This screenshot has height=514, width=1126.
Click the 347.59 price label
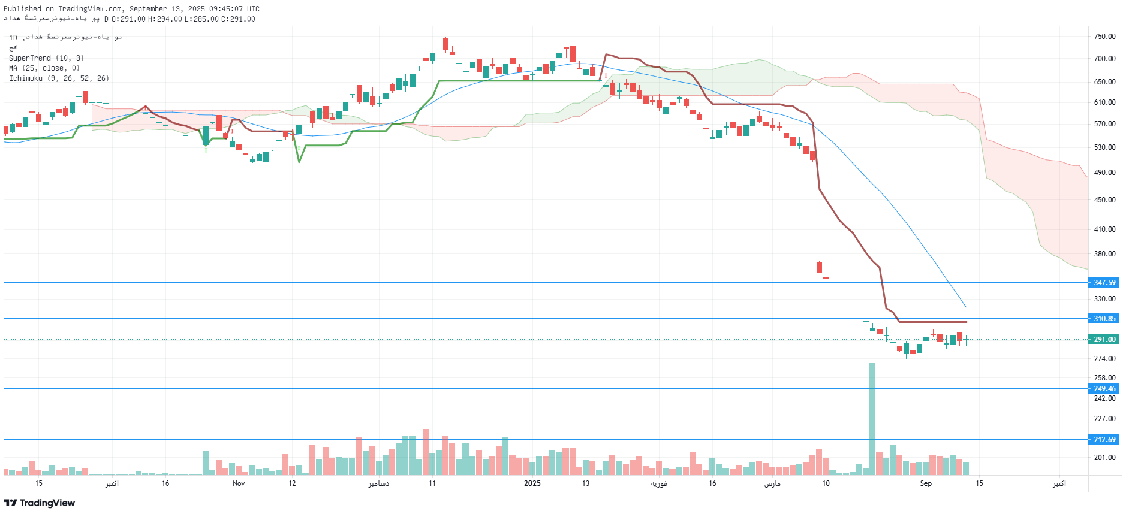[x=1104, y=282]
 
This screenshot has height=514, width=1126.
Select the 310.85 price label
[x=1104, y=319]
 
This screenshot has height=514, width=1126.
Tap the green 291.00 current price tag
[x=1104, y=340]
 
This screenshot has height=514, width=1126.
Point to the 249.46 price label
[x=1104, y=389]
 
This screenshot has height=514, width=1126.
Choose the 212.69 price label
[x=1104, y=440]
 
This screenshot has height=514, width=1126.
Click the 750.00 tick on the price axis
[x=1104, y=37]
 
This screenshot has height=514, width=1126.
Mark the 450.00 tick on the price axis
[x=1104, y=200]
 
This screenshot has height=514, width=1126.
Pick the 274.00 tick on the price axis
[x=1104, y=359]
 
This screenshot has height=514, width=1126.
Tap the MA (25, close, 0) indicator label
[x=44, y=68]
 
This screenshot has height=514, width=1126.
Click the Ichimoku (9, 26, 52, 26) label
[x=59, y=78]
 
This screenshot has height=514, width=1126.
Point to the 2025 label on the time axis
[x=532, y=483]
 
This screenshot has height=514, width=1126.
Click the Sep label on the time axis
[x=926, y=483]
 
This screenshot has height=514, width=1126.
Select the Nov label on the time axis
[x=239, y=483]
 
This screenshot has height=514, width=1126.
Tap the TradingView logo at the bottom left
[x=40, y=503]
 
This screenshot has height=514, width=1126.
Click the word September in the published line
[x=148, y=9]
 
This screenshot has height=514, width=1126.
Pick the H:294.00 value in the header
[x=165, y=19]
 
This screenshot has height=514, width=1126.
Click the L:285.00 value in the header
[x=201, y=19]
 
